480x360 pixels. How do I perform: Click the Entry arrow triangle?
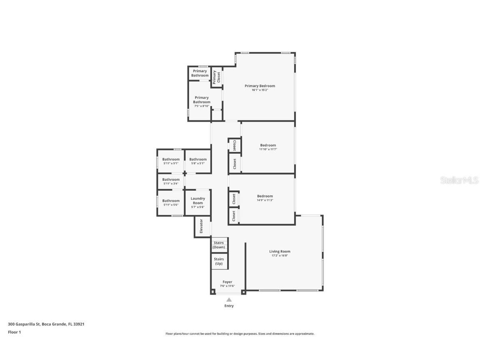point(229,299)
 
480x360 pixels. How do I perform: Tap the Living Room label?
point(280,251)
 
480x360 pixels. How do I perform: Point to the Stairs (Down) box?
point(219,245)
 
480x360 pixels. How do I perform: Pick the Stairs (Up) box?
point(219,261)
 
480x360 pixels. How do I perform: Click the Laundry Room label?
point(198,200)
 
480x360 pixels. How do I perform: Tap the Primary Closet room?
point(216,77)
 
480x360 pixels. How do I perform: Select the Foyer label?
point(227,282)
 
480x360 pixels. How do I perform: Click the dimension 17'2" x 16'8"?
point(279,255)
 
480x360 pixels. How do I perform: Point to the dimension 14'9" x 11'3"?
point(265,200)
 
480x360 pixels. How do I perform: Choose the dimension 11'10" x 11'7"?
point(268,149)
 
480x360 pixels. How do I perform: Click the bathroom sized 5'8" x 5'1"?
point(198,161)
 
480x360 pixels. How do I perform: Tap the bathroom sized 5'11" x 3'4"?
point(171,181)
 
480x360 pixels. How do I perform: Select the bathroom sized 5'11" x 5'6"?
point(171,202)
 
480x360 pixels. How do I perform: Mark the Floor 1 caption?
point(14,332)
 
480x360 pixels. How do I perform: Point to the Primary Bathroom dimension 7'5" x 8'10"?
point(202,106)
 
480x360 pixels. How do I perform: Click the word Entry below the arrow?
point(229,306)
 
